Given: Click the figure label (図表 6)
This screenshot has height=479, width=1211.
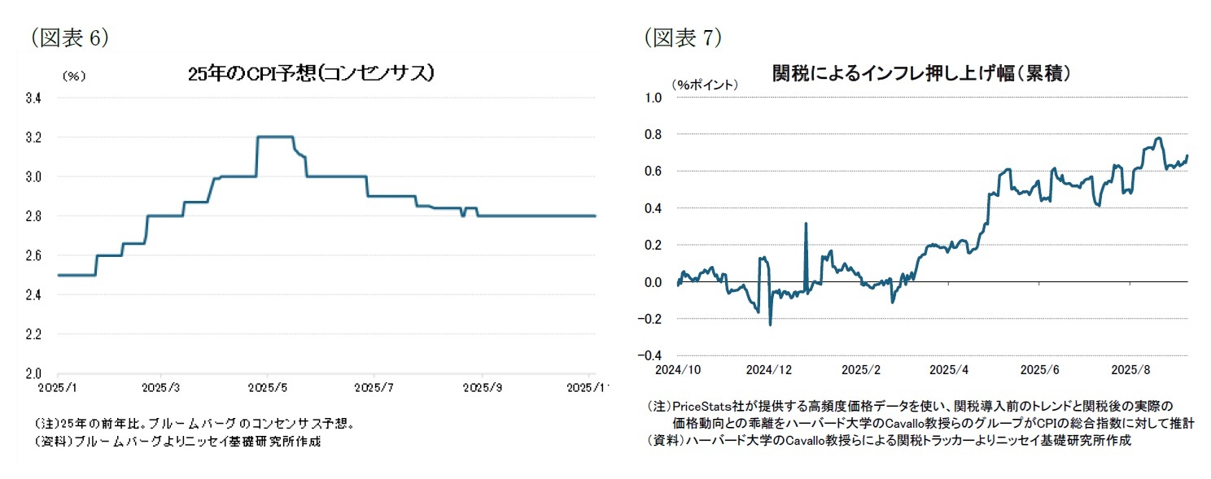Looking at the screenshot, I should (68, 37).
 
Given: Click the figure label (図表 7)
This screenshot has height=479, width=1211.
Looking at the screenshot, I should (682, 37).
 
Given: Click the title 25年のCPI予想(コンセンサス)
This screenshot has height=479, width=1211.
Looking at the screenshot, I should (309, 74).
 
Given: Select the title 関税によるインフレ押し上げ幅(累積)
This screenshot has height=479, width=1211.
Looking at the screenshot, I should (920, 73).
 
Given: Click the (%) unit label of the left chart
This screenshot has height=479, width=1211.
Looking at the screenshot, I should (74, 76).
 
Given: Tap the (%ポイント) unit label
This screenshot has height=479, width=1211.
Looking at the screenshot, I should (705, 84).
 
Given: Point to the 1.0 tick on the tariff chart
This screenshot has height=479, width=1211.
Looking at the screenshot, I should (654, 98).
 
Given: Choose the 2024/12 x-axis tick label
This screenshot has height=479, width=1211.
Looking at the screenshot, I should (769, 370).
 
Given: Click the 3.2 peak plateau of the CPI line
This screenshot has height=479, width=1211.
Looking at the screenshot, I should (275, 137).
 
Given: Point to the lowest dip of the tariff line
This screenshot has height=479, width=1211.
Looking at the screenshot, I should (770, 324).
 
